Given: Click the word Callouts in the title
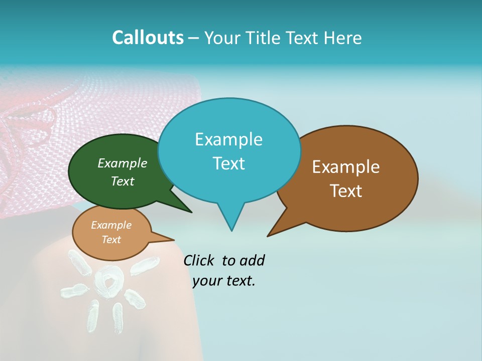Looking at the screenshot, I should pyautogui.click(x=148, y=38).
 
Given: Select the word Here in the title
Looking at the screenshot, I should pyautogui.click(x=343, y=38).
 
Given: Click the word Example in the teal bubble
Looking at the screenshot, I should pyautogui.click(x=228, y=139).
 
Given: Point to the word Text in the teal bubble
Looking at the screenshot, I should pyautogui.click(x=228, y=163).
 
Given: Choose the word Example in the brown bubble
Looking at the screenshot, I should pyautogui.click(x=346, y=167).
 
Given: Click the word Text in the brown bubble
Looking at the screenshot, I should pyautogui.click(x=346, y=191).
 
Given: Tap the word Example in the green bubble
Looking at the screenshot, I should pyautogui.click(x=123, y=163).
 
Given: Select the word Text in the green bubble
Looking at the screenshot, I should pyautogui.click(x=123, y=181).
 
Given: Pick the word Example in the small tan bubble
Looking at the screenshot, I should pyautogui.click(x=111, y=225).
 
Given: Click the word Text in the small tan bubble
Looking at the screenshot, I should pyautogui.click(x=111, y=240).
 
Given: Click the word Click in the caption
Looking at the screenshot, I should pyautogui.click(x=199, y=260).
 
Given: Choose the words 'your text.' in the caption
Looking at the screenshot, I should pyautogui.click(x=224, y=281).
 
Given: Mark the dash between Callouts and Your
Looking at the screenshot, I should pyautogui.click(x=194, y=38).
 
